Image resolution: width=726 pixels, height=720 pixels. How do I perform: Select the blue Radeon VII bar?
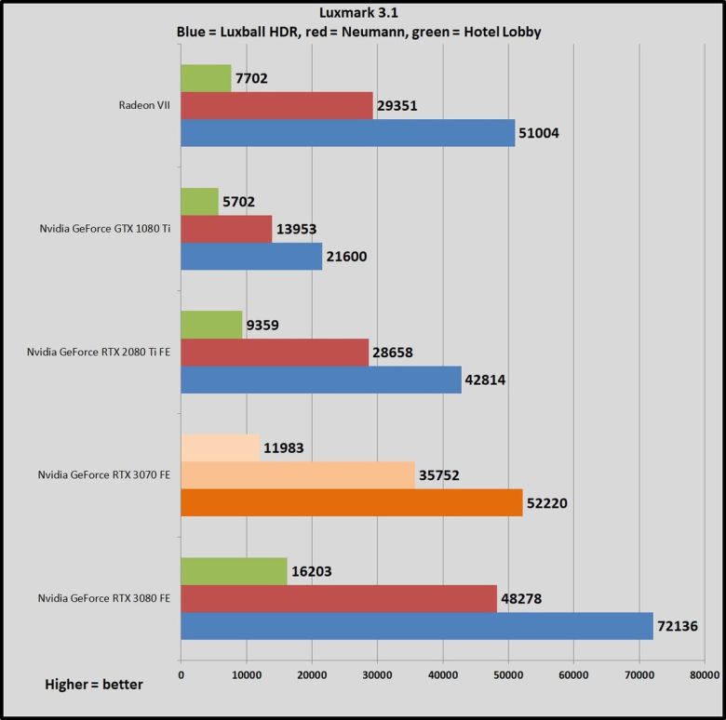point(347,133)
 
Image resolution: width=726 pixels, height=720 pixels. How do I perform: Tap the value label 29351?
point(397,106)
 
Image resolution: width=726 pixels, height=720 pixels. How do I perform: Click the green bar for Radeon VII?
point(206,79)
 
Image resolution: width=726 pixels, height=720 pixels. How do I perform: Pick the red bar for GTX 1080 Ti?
point(226,229)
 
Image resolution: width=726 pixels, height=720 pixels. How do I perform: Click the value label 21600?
point(351,256)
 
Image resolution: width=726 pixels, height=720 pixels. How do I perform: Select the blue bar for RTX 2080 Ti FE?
point(320,380)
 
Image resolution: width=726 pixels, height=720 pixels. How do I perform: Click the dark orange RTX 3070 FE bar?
point(351,503)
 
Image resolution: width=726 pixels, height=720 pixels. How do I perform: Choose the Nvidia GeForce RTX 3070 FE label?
point(104,475)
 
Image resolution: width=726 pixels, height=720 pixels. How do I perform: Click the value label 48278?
point(522,600)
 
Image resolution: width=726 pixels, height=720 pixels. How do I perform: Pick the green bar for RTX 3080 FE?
point(234,572)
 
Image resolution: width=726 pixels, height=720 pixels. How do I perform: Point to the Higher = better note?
point(95,685)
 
